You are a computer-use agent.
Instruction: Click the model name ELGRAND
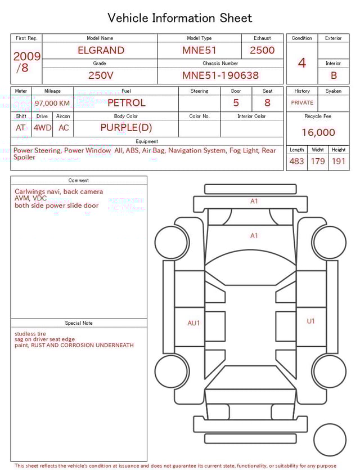tap(101, 50)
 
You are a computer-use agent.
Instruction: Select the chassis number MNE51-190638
tap(220, 75)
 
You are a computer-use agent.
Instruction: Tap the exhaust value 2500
tap(262, 50)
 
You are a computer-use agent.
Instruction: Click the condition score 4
tap(301, 62)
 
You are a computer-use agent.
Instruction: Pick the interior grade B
tap(334, 75)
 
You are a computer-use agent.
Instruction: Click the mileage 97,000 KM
tap(52, 103)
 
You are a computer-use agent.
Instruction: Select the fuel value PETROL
tap(126, 102)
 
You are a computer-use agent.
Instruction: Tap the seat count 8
tap(267, 102)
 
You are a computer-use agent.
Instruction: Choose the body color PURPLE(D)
tap(126, 127)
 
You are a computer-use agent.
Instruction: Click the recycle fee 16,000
tap(318, 132)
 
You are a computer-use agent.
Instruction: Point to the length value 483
tap(296, 161)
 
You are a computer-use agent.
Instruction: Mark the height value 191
tap(339, 161)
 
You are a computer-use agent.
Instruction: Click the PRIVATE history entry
tap(302, 102)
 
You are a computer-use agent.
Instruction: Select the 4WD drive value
tap(42, 128)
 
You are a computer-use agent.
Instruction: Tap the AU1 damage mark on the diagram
tap(193, 323)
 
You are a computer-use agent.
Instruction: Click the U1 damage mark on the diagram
tap(310, 321)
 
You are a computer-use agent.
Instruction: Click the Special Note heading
tap(79, 323)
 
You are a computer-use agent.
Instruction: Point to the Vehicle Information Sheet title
tap(180, 18)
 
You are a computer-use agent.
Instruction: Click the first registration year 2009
tap(26, 56)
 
